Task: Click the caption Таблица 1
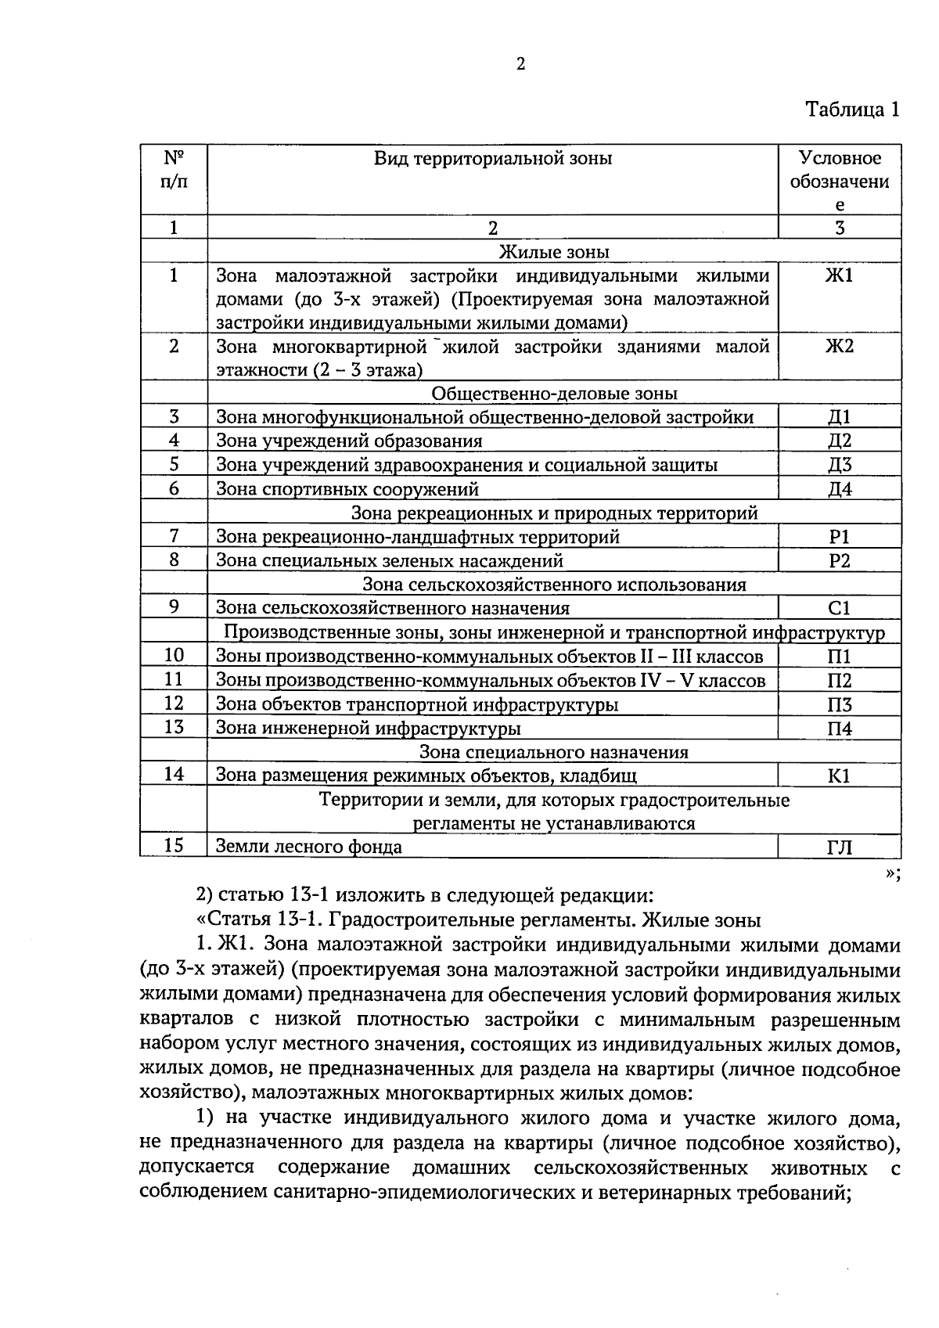852,110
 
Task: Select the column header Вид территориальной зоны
492,159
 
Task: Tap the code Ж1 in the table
839,275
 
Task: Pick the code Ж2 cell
839,347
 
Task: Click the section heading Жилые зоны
554,252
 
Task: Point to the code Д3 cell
839,466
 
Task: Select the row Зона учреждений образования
349,441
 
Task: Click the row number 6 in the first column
174,489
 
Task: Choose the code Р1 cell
839,538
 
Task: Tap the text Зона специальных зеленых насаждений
389,561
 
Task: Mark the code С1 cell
839,609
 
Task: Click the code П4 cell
839,729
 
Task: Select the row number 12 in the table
174,704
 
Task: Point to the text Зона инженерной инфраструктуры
368,729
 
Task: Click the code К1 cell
839,776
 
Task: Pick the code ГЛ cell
839,848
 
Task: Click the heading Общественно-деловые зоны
554,394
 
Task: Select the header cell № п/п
174,170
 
